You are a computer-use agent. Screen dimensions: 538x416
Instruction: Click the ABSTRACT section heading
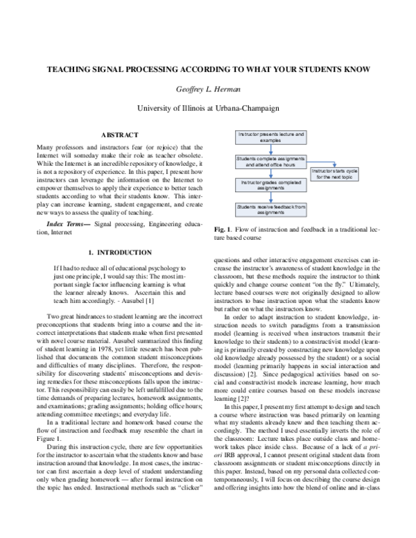point(120,134)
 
